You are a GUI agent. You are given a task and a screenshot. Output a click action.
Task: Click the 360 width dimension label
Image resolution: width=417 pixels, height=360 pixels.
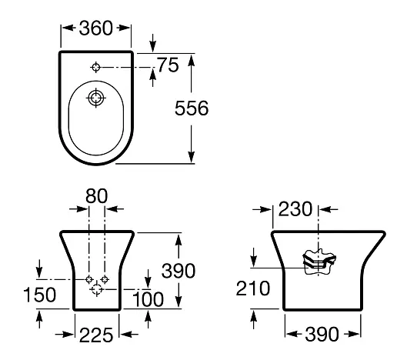[96, 28]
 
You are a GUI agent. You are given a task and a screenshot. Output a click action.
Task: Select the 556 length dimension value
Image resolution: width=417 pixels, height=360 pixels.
[192, 108]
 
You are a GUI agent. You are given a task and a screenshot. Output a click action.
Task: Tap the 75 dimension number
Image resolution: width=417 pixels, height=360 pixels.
[168, 65]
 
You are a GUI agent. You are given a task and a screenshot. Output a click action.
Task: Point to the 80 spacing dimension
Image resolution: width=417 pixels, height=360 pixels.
[96, 196]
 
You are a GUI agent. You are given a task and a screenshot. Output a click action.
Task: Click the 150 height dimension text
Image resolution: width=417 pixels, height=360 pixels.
[40, 295]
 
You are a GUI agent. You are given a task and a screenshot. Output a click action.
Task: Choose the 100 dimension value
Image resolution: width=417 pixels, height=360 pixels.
[148, 299]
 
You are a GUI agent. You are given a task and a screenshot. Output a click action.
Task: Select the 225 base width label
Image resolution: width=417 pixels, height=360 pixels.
[96, 335]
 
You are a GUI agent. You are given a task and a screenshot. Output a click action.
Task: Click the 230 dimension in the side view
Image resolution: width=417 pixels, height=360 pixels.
[295, 209]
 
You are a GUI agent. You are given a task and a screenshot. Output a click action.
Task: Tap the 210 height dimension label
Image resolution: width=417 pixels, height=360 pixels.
[253, 288]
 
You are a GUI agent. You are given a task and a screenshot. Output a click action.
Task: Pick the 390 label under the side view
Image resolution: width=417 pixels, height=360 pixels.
[322, 334]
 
